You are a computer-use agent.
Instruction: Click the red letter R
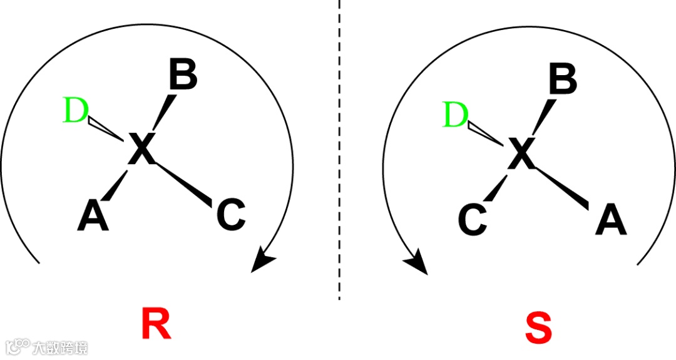click(x=156, y=324)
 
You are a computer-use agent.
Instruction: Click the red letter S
click(x=538, y=327)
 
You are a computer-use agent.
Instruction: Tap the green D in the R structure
click(x=76, y=111)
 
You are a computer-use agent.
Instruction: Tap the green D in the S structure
click(x=456, y=116)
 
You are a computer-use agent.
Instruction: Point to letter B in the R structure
click(x=183, y=76)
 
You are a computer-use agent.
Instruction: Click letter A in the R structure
click(x=93, y=217)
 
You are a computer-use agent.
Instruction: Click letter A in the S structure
click(x=611, y=220)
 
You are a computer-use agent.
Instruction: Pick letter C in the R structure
click(x=230, y=215)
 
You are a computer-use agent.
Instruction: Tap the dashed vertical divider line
click(x=339, y=150)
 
